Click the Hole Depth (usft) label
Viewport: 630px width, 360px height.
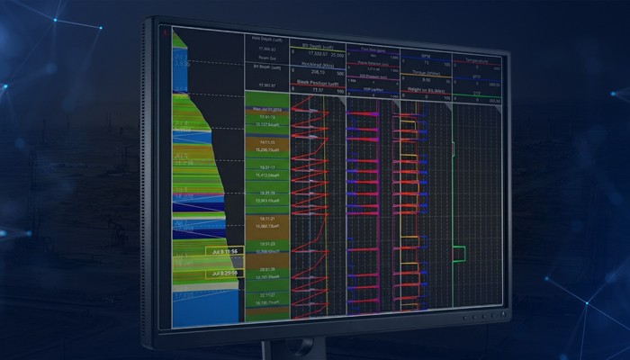(x=267, y=39)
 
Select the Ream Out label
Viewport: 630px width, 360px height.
(x=267, y=57)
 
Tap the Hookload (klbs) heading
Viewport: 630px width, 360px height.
(x=317, y=67)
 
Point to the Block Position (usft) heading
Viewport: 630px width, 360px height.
(x=317, y=82)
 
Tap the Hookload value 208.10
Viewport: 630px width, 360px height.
(x=317, y=74)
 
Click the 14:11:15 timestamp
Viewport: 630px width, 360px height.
(x=267, y=142)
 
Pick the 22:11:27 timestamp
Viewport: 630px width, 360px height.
(x=267, y=294)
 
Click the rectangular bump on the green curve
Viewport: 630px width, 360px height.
(x=459, y=253)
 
